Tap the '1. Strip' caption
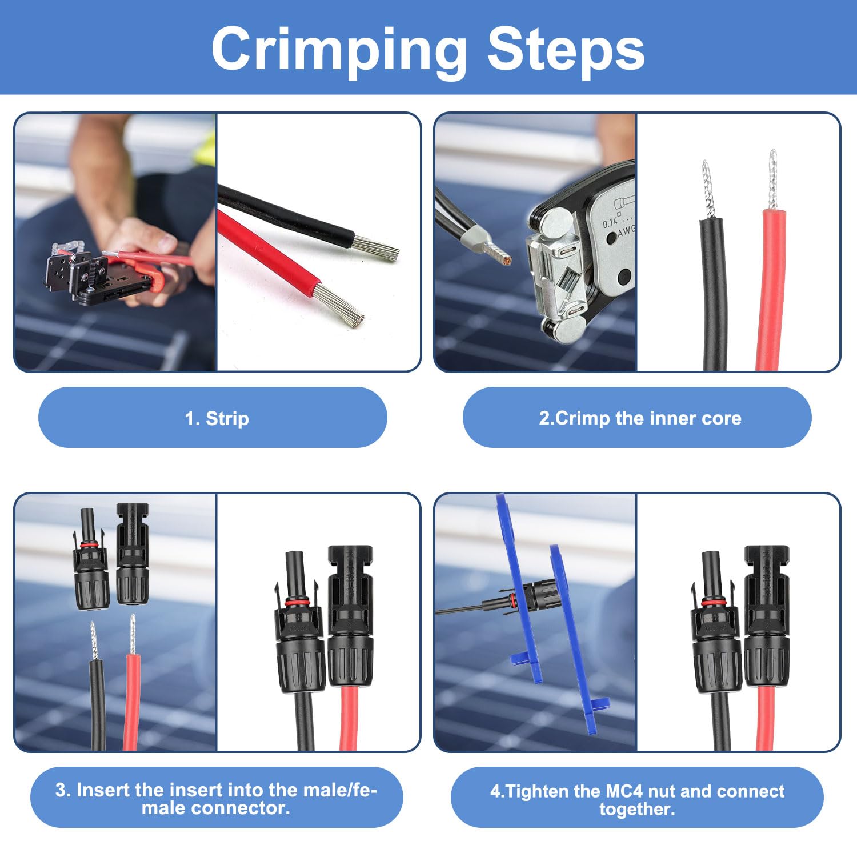click(x=217, y=418)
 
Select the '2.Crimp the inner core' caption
click(x=640, y=418)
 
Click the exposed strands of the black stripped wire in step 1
click(x=375, y=249)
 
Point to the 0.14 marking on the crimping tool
click(x=610, y=222)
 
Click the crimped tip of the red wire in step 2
click(x=772, y=179)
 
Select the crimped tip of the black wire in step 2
click(x=708, y=189)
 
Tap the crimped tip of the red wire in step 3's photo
click(x=133, y=634)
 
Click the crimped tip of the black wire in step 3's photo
click(x=94, y=640)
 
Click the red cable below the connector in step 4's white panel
click(x=766, y=718)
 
